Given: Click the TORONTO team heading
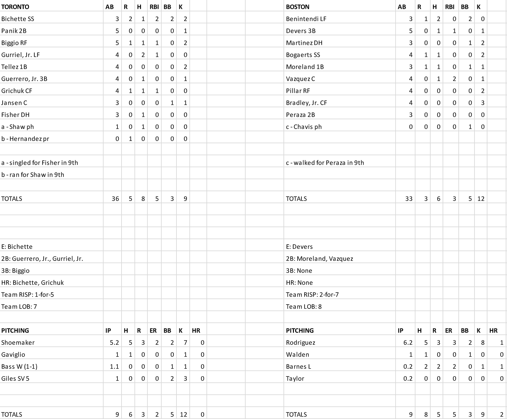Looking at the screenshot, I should pyautogui.click(x=15, y=7).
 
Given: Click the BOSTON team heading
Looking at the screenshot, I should pyautogui.click(x=297, y=7).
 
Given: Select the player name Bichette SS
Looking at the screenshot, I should pyautogui.click(x=18, y=19).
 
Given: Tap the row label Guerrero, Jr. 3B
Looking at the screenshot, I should pyautogui.click(x=24, y=79).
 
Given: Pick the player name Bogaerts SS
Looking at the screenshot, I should pyautogui.click(x=303, y=55).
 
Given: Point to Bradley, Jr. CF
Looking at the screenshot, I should pyautogui.click(x=306, y=103).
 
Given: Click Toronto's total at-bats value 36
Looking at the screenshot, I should pyautogui.click(x=115, y=199).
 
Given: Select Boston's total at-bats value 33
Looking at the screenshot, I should pyautogui.click(x=409, y=199).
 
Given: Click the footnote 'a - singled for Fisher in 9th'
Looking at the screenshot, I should pyautogui.click(x=39, y=163).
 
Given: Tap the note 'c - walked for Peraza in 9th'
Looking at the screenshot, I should pyautogui.click(x=325, y=163).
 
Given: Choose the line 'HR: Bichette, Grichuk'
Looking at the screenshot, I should pyautogui.click(x=33, y=283).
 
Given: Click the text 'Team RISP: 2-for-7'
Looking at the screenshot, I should pyautogui.click(x=312, y=295).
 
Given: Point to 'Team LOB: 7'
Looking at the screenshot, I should pyautogui.click(x=19, y=307).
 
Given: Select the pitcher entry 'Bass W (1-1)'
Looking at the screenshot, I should pyautogui.click(x=19, y=367).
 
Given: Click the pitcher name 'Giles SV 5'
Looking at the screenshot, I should pyautogui.click(x=15, y=379).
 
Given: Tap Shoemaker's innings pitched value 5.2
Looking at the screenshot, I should pyautogui.click(x=114, y=343).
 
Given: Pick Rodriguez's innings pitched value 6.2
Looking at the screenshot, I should pyautogui.click(x=408, y=343).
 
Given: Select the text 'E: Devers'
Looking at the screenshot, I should pyautogui.click(x=299, y=247).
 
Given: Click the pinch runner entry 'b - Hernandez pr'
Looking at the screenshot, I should pyautogui.click(x=25, y=139).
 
